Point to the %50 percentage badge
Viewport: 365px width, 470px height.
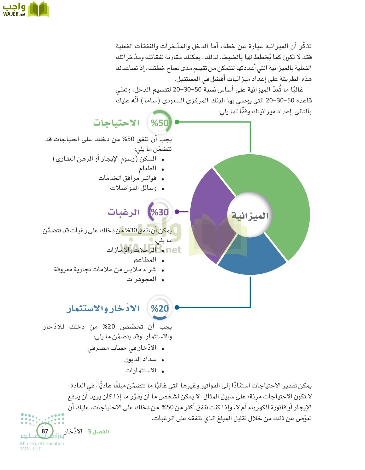coord(160,123)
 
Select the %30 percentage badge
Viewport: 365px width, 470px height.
coord(160,212)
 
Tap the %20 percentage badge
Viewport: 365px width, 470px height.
coord(160,308)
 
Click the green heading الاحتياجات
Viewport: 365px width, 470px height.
coord(116,123)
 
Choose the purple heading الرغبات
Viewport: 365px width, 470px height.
coord(124,212)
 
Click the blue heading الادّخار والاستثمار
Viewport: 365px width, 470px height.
coord(103,309)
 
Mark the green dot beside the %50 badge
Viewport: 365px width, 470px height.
coord(177,122)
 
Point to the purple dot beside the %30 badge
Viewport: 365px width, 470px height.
coord(177,212)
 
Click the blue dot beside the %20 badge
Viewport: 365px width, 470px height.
coord(177,307)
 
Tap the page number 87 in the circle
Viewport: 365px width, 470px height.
coord(45,431)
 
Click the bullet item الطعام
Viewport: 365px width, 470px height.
coord(147,169)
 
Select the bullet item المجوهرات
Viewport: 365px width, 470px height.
coord(141,279)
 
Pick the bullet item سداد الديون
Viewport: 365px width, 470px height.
coord(140,360)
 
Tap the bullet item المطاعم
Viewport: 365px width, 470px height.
coord(145,260)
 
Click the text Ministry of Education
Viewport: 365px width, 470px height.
coord(42,443)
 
